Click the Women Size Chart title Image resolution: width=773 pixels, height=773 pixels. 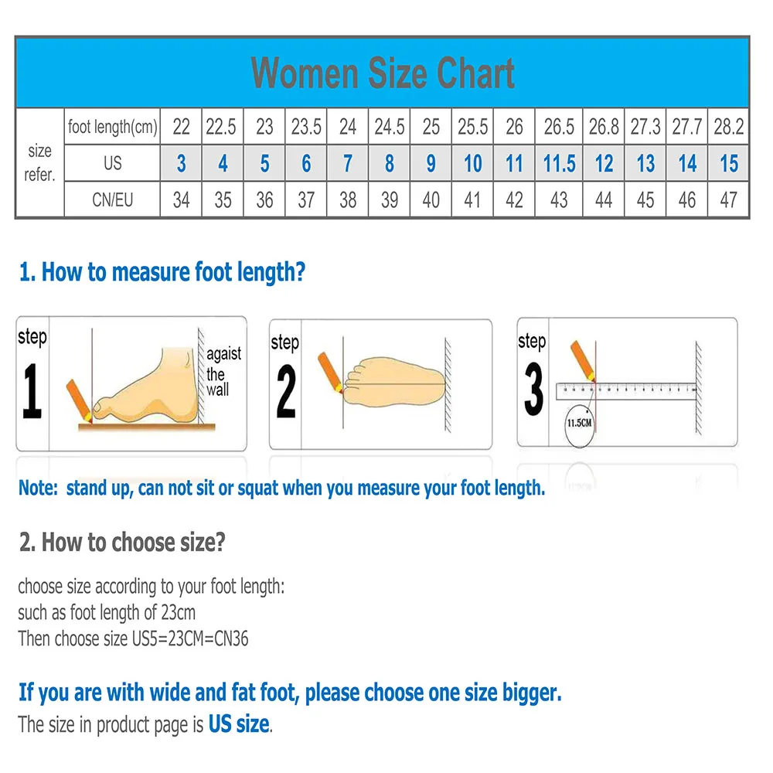[383, 73]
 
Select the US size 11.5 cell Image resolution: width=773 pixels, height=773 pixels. [559, 164]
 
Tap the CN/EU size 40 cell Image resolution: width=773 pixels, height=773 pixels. [431, 200]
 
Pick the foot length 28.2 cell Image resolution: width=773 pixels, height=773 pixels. [728, 127]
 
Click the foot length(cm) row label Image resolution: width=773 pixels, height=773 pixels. [112, 127]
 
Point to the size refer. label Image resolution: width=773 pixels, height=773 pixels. [39, 163]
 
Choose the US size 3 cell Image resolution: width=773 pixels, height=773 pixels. [181, 164]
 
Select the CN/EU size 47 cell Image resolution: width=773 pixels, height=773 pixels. [728, 200]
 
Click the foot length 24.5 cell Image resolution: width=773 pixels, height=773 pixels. [389, 127]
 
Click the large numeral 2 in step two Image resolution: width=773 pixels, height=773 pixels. [286, 393]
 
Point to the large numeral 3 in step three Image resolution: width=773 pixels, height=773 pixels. [533, 390]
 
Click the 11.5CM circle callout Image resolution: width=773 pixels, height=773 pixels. [581, 425]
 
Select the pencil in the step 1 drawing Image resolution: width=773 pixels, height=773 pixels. [80, 397]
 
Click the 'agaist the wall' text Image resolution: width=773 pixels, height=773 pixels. [223, 372]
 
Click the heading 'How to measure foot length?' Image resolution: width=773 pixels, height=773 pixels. [162, 272]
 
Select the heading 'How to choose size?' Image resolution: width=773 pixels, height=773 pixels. [122, 542]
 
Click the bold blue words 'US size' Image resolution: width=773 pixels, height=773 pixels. [239, 724]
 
